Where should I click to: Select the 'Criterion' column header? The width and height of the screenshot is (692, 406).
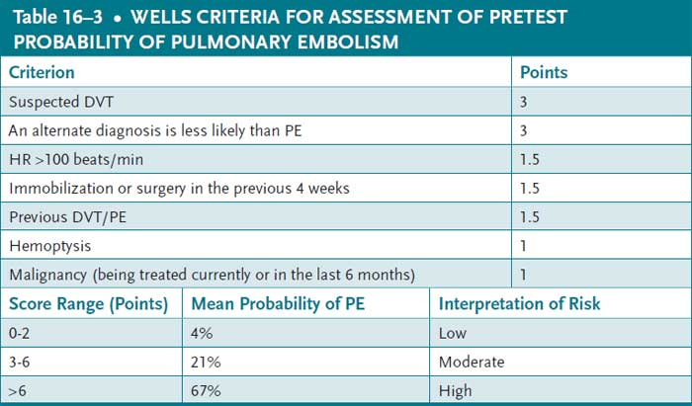pos(41,72)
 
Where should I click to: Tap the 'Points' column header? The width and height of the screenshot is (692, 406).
pos(544,72)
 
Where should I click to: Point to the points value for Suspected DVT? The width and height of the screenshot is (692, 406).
pos(525,101)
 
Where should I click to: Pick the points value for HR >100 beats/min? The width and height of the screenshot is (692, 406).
pos(530,159)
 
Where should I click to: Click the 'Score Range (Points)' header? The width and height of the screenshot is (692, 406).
pos(87,303)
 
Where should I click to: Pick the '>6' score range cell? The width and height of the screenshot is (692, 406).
pos(20,391)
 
